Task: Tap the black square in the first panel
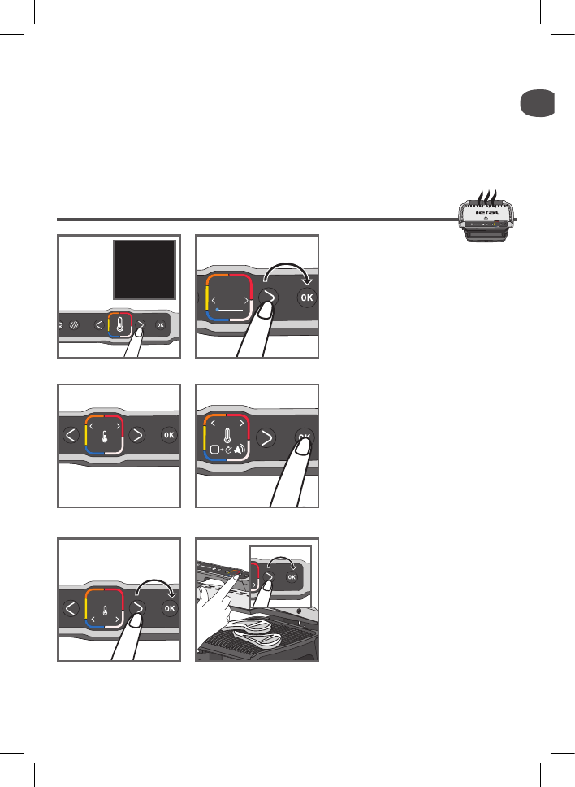coord(144,270)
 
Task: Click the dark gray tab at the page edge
coord(538,105)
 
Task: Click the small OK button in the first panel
coord(160,325)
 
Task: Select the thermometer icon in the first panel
coord(119,325)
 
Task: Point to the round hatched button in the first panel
coord(76,325)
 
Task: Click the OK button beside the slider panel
coord(306,298)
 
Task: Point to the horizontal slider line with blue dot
coord(231,310)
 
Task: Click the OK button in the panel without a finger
coord(168,435)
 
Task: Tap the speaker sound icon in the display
coord(242,450)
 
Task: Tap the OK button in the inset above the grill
coord(292,579)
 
